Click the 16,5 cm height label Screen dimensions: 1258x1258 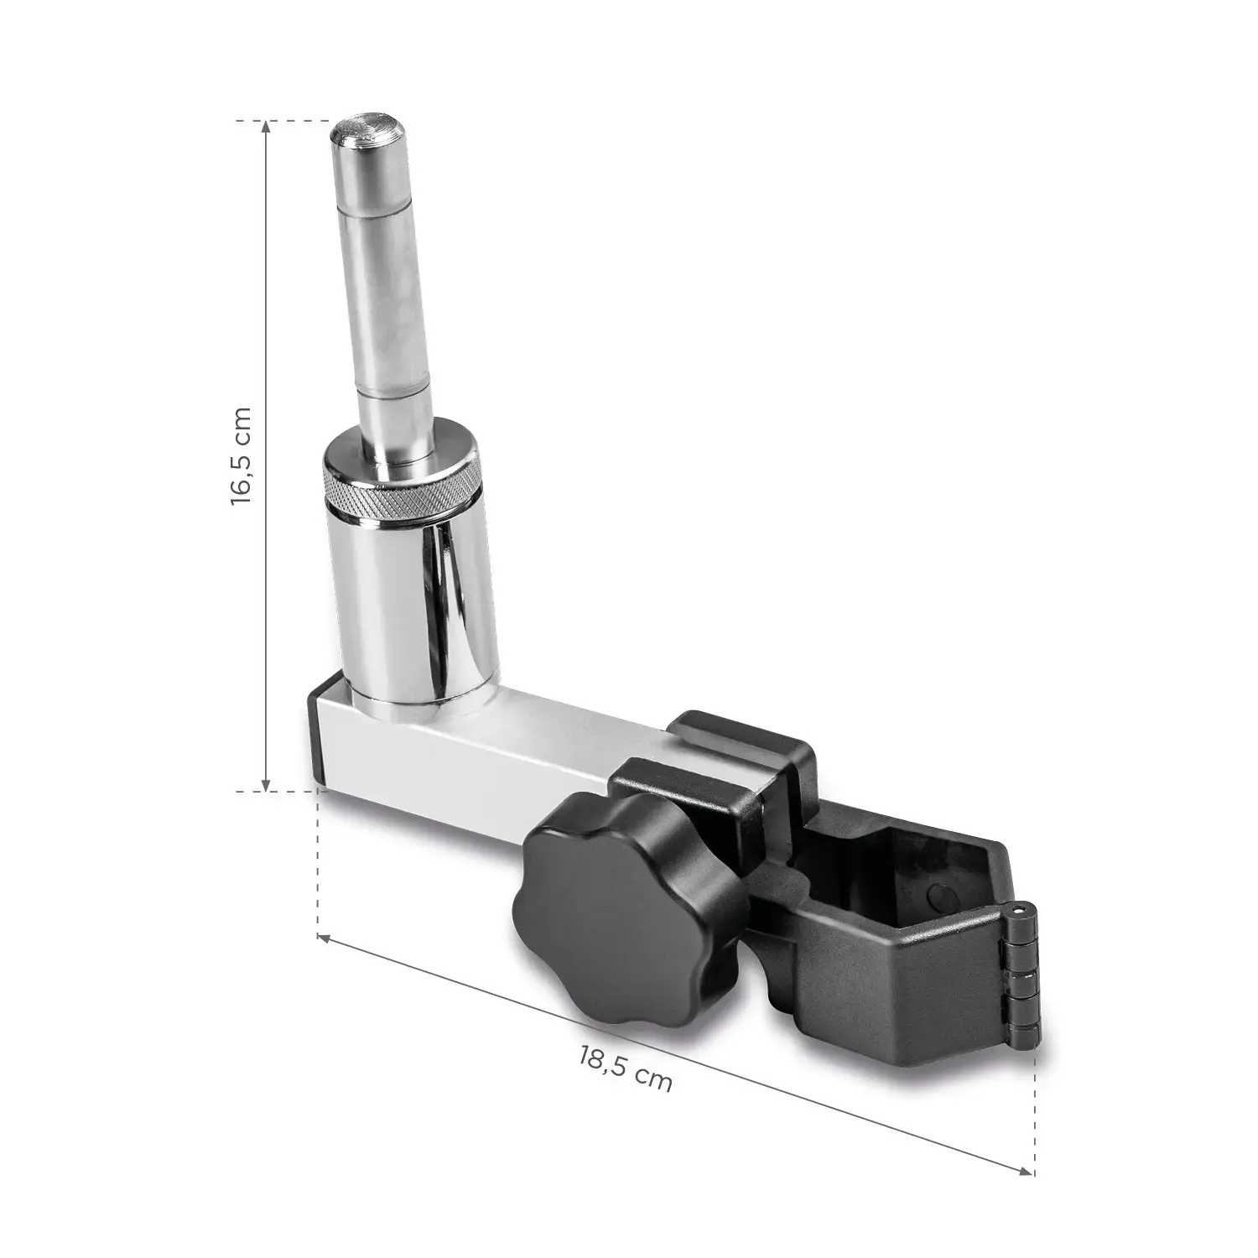point(241,455)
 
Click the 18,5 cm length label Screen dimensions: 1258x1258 point(625,1066)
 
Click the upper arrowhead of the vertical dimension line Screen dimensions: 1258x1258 point(267,126)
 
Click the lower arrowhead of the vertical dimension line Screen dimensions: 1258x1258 point(267,786)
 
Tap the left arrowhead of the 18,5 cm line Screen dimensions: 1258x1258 point(324,936)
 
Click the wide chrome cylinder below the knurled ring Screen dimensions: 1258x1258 point(403,604)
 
